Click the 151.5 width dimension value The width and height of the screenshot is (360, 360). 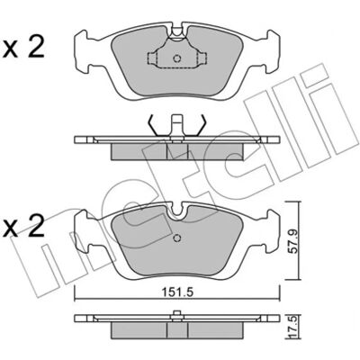176,292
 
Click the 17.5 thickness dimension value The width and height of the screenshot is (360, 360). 292,333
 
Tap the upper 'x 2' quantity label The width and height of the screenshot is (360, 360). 23,48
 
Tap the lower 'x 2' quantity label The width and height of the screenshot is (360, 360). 23,227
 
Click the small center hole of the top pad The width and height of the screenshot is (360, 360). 177,58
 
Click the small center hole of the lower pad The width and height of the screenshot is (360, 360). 177,238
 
